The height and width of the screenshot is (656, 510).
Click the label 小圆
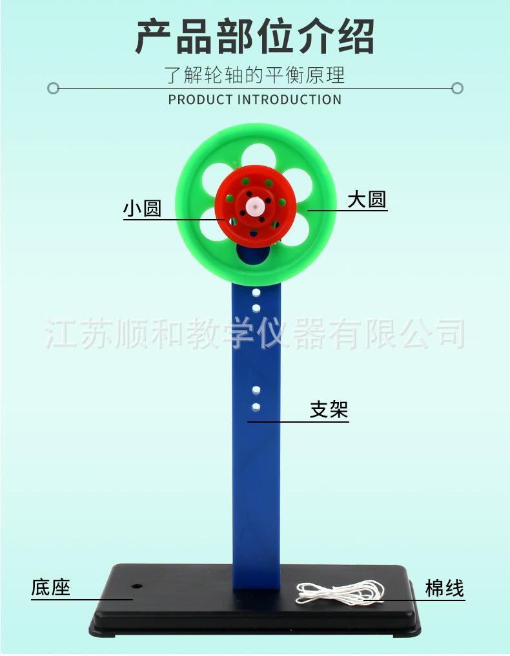pyautogui.click(x=142, y=209)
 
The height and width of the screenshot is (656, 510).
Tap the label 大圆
pyautogui.click(x=367, y=200)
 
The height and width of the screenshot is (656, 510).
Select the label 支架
pyautogui.click(x=329, y=410)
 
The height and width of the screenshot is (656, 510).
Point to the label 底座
pyautogui.click(x=50, y=587)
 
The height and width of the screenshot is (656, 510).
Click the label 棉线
pyautogui.click(x=445, y=588)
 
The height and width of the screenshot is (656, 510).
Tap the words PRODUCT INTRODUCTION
pyautogui.click(x=255, y=100)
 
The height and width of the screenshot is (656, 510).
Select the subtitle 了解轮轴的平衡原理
pyautogui.click(x=255, y=75)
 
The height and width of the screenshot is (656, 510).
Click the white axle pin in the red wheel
pyautogui.click(x=255, y=206)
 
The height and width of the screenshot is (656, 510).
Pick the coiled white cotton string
pyautogui.click(x=339, y=591)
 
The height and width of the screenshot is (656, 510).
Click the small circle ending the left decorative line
pyautogui.click(x=54, y=88)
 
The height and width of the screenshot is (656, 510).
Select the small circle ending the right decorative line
pyautogui.click(x=457, y=88)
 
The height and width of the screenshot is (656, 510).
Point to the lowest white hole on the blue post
pyautogui.click(x=256, y=407)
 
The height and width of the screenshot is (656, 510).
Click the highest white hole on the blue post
pyautogui.click(x=256, y=293)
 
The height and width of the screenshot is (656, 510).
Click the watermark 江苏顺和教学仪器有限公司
pyautogui.click(x=255, y=333)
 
